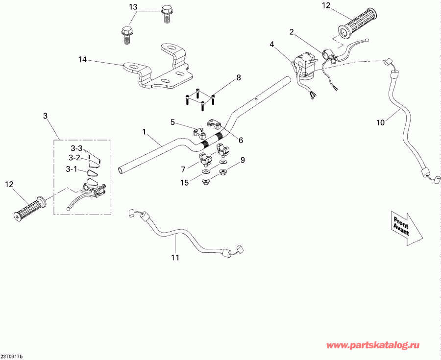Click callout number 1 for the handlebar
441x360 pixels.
tap(145, 132)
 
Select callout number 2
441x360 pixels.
tap(292, 32)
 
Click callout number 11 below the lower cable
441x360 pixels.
tap(175, 257)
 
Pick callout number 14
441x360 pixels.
tap(82, 60)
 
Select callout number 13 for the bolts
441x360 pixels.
tap(133, 7)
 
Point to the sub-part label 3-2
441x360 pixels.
tap(74, 158)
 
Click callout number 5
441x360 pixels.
tap(172, 121)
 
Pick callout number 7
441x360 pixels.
tap(183, 169)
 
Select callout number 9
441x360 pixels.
tap(242, 160)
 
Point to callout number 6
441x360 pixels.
tap(240, 140)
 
